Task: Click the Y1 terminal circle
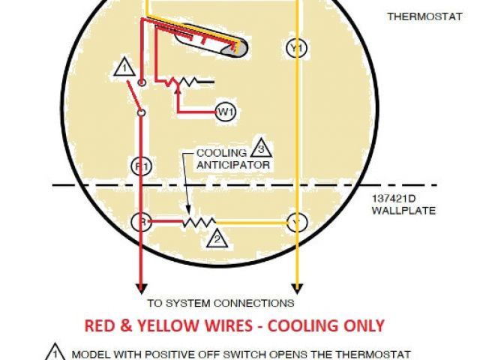coord(297,48)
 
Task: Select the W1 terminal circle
coord(226,112)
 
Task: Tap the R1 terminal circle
coord(139,166)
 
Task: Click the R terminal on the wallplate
coord(139,222)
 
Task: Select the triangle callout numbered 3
coord(260,147)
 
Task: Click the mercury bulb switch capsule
coord(224,46)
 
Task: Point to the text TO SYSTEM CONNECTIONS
coord(220,304)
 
